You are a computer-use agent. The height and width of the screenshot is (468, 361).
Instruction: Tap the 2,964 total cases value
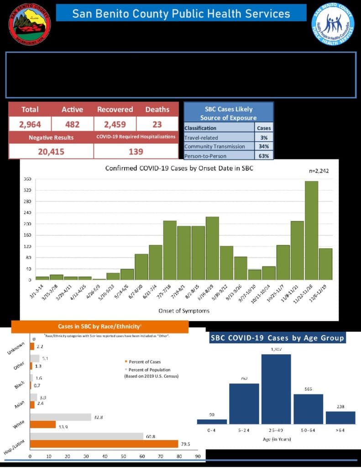30,124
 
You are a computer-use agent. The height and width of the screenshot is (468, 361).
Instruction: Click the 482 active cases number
72,124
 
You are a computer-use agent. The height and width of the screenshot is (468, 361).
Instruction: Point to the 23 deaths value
157,124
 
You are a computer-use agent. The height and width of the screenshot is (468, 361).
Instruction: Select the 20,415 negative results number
51,151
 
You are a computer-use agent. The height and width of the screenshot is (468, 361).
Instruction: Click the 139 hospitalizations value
136,151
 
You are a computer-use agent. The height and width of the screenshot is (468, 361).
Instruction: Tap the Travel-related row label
201,137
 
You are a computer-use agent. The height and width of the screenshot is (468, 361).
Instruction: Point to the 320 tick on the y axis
28,191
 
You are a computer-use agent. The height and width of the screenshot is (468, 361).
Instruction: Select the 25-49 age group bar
276,389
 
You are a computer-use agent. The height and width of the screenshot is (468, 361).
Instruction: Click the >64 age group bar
340,417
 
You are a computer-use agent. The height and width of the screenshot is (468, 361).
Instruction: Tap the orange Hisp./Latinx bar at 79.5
104,444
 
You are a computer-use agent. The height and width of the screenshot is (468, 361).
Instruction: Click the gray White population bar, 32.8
61,417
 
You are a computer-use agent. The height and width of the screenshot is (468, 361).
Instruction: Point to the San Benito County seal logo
30,22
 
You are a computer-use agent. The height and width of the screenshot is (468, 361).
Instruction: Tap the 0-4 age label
211,431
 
